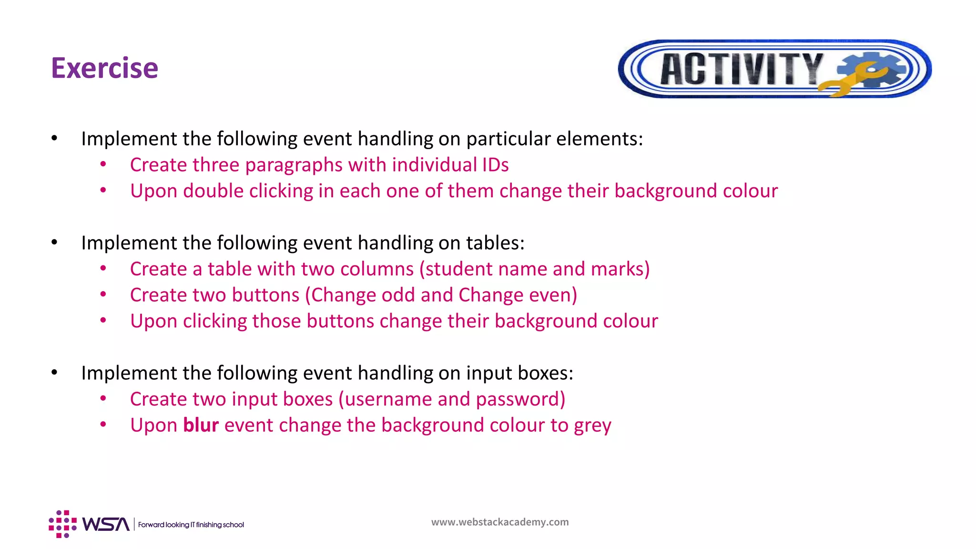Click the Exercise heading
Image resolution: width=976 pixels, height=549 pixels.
point(104,68)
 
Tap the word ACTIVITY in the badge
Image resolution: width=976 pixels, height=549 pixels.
point(741,70)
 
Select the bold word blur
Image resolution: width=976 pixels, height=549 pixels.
point(201,425)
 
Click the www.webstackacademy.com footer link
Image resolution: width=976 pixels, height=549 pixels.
point(500,522)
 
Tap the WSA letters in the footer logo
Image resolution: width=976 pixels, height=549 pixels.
point(106,524)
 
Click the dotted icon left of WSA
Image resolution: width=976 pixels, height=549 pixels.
point(62,524)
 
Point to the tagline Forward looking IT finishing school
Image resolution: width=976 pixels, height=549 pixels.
point(191,525)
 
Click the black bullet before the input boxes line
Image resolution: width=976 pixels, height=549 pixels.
point(54,373)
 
